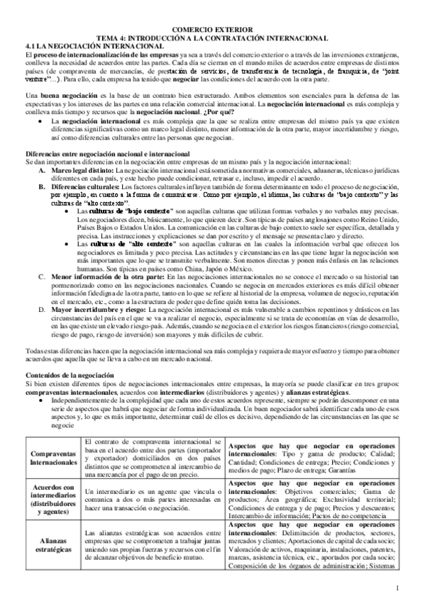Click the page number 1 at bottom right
[398, 588]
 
